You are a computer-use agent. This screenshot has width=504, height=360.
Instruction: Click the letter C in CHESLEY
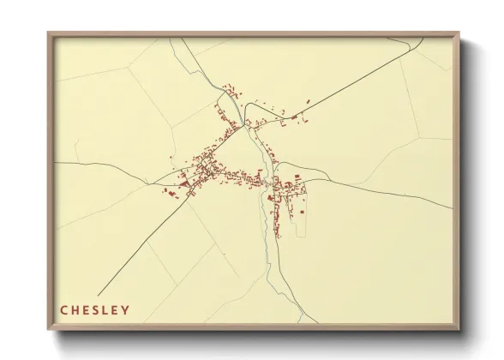pos(64,310)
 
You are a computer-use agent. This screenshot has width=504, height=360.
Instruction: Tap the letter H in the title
pos(75,310)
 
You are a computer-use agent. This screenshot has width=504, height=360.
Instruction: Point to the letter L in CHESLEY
pos(106,310)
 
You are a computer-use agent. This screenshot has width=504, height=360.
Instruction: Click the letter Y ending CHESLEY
pos(126,310)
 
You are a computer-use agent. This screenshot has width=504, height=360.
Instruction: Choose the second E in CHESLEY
pos(116,310)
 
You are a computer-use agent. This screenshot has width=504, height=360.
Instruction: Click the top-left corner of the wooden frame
pos(49,33)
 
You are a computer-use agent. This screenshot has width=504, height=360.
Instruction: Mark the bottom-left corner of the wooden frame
pos(49,330)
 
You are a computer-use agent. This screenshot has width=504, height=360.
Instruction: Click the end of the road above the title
pos(99,294)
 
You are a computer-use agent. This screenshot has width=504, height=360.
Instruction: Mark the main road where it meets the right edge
pos(452,207)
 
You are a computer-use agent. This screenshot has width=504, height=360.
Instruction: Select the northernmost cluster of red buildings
pos(230,89)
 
